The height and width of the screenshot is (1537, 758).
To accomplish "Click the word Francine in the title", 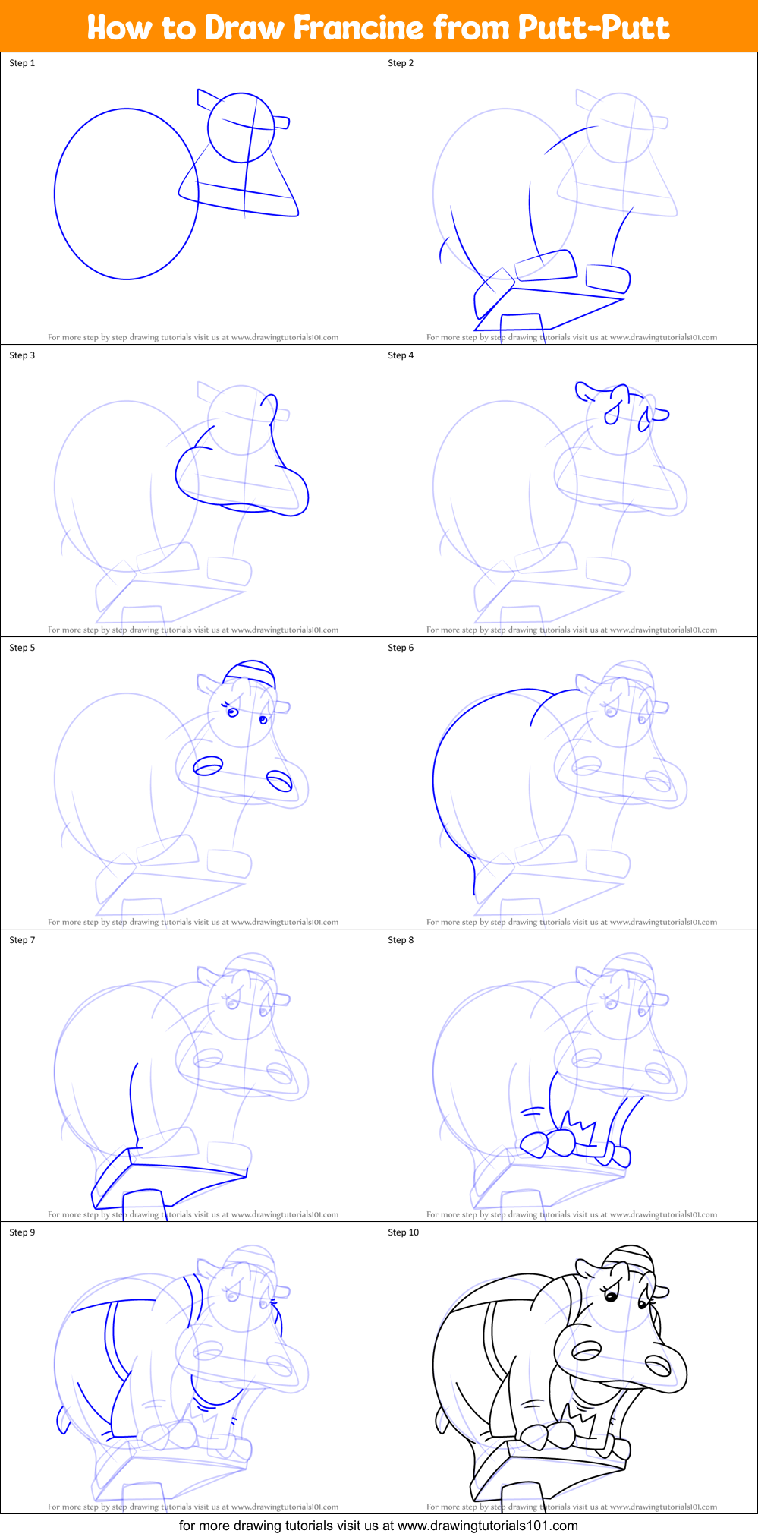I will [x=358, y=28].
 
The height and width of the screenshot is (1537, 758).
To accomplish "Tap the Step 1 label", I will [x=22, y=63].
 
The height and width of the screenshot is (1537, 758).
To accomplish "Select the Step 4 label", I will [x=401, y=355].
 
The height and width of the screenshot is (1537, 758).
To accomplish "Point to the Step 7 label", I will [x=22, y=940].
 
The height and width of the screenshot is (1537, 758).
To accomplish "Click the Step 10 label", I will [x=403, y=1232].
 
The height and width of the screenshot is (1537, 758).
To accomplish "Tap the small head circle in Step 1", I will [x=241, y=127].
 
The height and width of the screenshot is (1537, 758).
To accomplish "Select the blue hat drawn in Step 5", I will [x=250, y=672].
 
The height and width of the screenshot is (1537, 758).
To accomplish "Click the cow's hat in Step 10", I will [x=629, y=1256].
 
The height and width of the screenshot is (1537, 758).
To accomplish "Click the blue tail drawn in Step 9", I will [x=61, y=1419].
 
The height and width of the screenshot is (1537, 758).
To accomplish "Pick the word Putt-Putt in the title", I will [x=593, y=28].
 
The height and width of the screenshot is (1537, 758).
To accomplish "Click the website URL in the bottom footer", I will [x=487, y=1525].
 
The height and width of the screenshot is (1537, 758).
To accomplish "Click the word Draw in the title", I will [x=244, y=28].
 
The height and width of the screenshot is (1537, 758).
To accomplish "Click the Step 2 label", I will [x=401, y=63].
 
